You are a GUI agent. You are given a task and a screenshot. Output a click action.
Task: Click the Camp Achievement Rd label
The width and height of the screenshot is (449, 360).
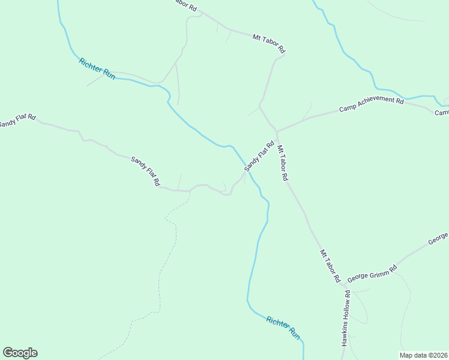coord(371,104)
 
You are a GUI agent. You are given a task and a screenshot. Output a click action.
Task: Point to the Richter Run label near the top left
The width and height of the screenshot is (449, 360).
coord(97,69)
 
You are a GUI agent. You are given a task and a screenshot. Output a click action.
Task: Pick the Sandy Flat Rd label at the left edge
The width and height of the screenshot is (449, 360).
coord(17,121)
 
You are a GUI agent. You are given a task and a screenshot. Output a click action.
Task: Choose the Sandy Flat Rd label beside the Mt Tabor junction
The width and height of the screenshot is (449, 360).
coord(259,156)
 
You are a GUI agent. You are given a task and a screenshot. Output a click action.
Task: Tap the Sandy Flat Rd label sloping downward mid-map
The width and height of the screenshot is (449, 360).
coord(146,170)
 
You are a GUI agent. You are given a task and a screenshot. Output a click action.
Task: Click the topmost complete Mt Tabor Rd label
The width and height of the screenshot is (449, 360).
coord(268,44)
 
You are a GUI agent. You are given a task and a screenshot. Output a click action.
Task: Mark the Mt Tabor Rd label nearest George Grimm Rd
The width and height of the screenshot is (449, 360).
coord(330,266)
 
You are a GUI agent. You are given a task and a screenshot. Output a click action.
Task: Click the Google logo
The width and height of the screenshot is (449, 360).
coord(20,353)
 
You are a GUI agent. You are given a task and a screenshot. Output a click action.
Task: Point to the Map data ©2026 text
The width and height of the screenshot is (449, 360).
coord(423,355)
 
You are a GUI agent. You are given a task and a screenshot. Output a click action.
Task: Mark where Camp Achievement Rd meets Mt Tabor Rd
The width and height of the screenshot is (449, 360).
coord(277,131)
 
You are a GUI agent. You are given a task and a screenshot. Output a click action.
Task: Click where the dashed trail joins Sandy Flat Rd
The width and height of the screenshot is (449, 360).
coord(190,191)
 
